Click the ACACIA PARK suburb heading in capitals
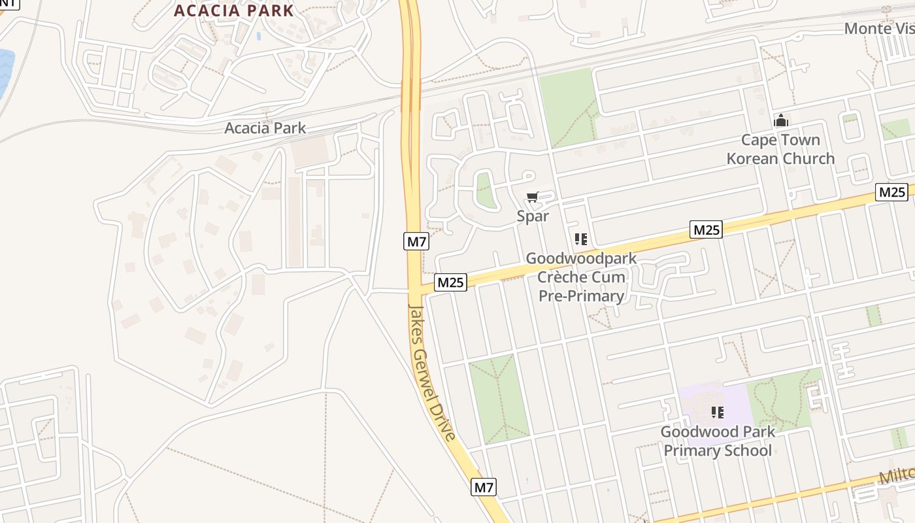[233, 10]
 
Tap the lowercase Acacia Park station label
[265, 127]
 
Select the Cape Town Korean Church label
[780, 149]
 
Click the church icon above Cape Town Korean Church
[780, 121]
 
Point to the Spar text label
[533, 216]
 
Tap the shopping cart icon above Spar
[533, 197]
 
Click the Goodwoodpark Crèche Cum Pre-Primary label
[581, 277]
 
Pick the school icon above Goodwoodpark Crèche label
[581, 239]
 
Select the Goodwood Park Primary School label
[718, 441]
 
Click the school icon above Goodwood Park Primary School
[718, 413]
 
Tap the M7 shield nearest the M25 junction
[416, 241]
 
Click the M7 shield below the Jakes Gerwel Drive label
[484, 487]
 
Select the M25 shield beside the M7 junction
[451, 282]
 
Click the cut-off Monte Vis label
[878, 28]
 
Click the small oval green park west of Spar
[484, 189]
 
